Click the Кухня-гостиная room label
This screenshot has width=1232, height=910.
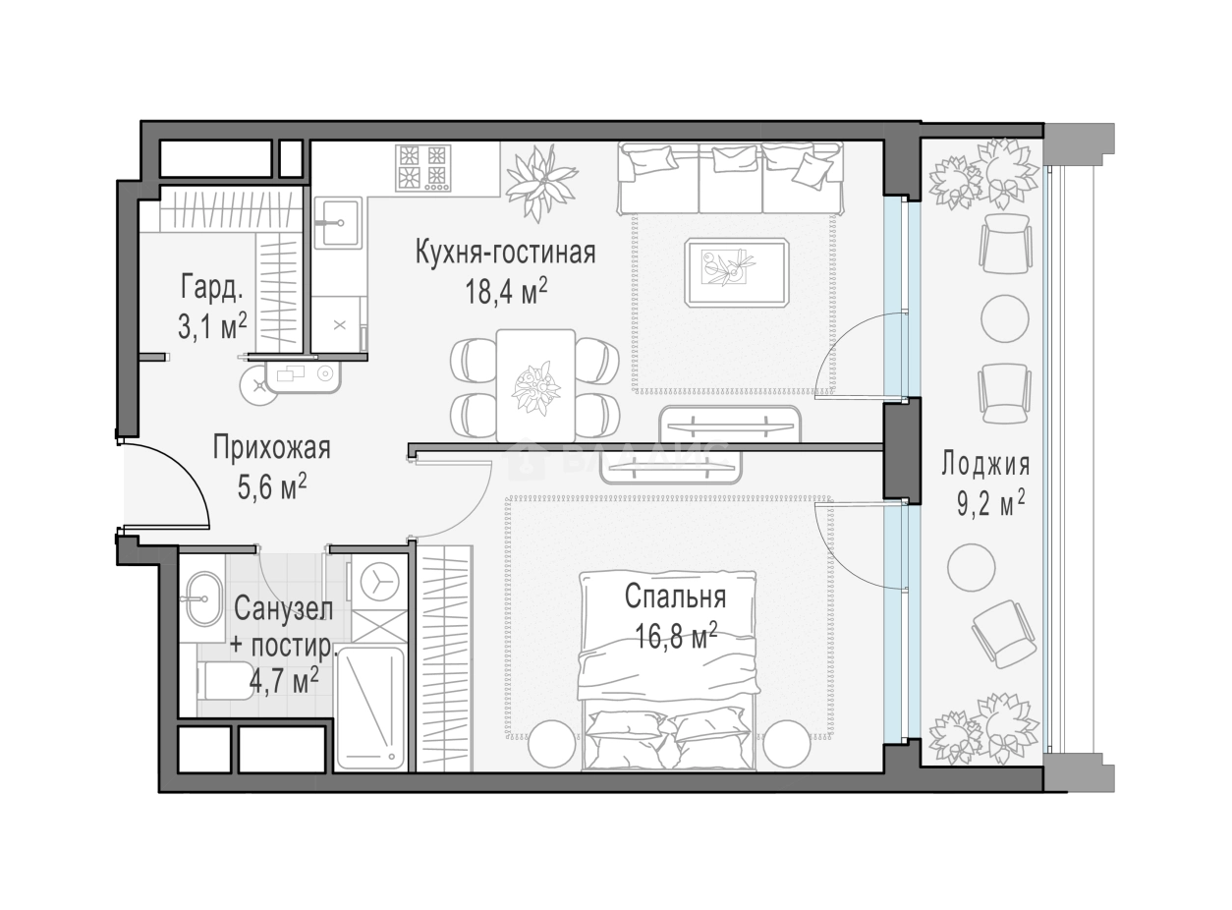(505, 253)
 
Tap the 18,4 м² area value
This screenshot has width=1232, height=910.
(506, 292)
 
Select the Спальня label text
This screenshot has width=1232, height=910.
(675, 597)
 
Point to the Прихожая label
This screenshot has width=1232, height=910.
(271, 448)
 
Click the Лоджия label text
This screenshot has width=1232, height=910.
(985, 465)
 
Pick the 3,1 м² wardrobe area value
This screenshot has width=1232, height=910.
(212, 326)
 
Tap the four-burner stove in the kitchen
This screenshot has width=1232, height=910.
(422, 168)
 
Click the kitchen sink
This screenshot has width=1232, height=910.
(337, 223)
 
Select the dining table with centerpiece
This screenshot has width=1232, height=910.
(535, 385)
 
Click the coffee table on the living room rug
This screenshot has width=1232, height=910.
(737, 272)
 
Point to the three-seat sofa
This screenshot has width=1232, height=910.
(730, 178)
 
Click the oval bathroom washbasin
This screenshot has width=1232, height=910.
(203, 599)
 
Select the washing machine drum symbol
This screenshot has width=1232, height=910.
(380, 582)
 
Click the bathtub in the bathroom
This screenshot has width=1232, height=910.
(370, 708)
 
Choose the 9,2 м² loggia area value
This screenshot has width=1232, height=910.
(990, 502)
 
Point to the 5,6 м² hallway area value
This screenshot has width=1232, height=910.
(272, 486)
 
